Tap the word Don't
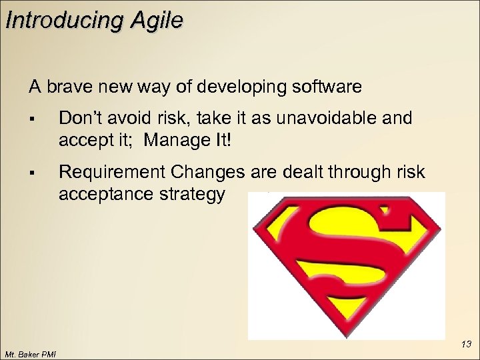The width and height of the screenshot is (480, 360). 79,119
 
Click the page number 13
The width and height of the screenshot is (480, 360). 466,344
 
